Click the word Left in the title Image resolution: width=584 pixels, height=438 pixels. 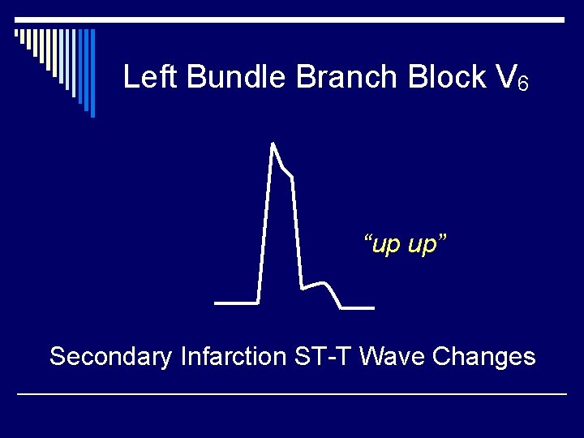coord(152,77)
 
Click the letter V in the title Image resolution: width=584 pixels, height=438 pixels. coord(504,77)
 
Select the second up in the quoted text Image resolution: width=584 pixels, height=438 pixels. coord(423,244)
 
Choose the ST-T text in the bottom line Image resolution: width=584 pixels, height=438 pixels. coord(324,356)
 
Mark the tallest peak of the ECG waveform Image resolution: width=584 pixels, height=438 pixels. coord(273,144)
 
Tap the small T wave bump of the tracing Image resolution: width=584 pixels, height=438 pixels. coord(324,283)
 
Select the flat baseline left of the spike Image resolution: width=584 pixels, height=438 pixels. coord(235,303)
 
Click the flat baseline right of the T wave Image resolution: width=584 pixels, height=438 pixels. coord(358,308)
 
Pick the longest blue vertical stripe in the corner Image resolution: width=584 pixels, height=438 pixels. coord(92,73)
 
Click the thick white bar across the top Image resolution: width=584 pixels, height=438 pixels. coord(292,19)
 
